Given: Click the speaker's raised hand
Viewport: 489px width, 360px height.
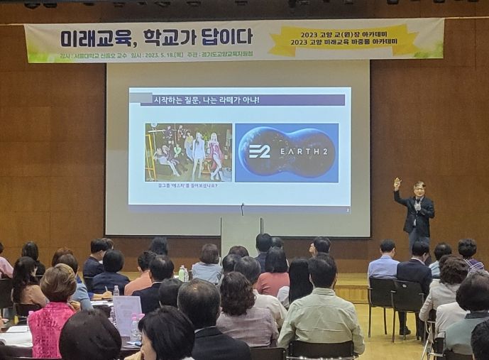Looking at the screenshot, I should tap(397, 183).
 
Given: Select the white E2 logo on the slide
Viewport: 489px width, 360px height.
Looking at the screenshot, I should tap(259, 151).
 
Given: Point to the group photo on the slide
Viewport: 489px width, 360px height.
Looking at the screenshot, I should tap(188, 152).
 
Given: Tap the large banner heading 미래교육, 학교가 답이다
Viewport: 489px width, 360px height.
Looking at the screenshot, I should tap(155, 38).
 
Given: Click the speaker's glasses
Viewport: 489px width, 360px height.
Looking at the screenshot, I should tap(419, 188).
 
